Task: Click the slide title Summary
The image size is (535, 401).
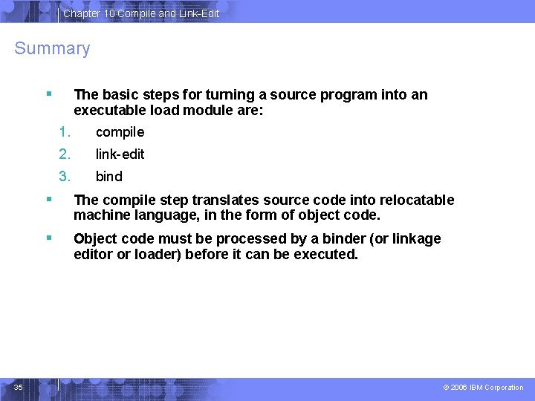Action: (x=52, y=49)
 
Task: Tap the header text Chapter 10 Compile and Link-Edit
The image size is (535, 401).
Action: (x=141, y=13)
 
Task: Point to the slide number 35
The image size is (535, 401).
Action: (x=19, y=387)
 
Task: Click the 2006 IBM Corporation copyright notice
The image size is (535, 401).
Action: (x=483, y=388)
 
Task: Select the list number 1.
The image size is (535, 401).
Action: (x=65, y=132)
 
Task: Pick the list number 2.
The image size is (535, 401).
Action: (x=65, y=154)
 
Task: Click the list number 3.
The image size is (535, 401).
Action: (x=65, y=177)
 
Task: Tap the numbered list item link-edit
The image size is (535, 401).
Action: (x=120, y=154)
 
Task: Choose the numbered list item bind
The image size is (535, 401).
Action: (x=108, y=177)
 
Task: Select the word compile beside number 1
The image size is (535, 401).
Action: (x=120, y=132)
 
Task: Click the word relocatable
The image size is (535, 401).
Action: (x=416, y=200)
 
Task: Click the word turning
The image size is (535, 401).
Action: (x=230, y=95)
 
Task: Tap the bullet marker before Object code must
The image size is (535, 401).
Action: (x=48, y=238)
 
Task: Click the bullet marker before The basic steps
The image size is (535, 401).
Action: (x=48, y=94)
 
